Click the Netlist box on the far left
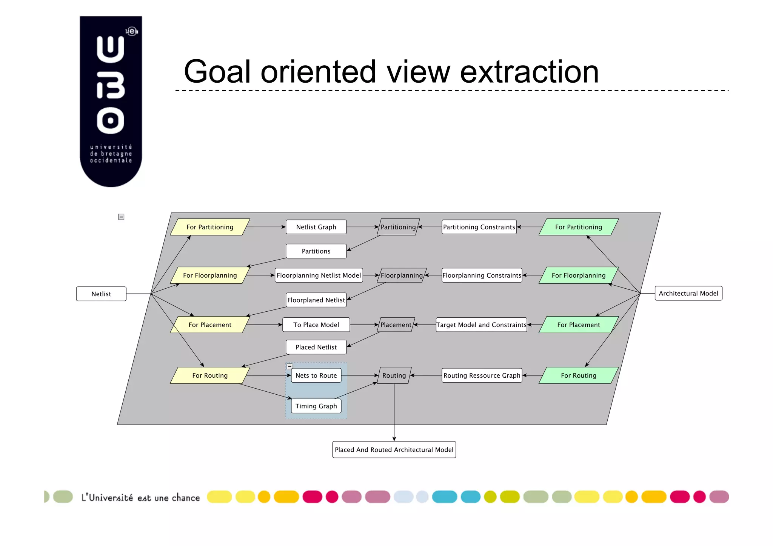coord(101,294)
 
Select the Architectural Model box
coord(688,293)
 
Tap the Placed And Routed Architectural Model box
coord(394,449)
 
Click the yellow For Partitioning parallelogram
coord(210,227)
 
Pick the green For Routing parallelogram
coord(578,375)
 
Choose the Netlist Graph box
coord(316,227)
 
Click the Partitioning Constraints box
coord(479,227)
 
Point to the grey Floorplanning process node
coord(402,275)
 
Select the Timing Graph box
coord(316,406)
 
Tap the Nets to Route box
coord(316,375)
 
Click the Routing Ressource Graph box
coord(482,375)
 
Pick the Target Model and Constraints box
coord(481,325)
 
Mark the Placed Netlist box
coord(316,347)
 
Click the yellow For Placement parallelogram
coord(210,325)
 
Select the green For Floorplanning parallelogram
coord(578,275)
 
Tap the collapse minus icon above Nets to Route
coord(289,366)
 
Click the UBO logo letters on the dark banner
coord(110,85)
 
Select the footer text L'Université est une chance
coord(140,498)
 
